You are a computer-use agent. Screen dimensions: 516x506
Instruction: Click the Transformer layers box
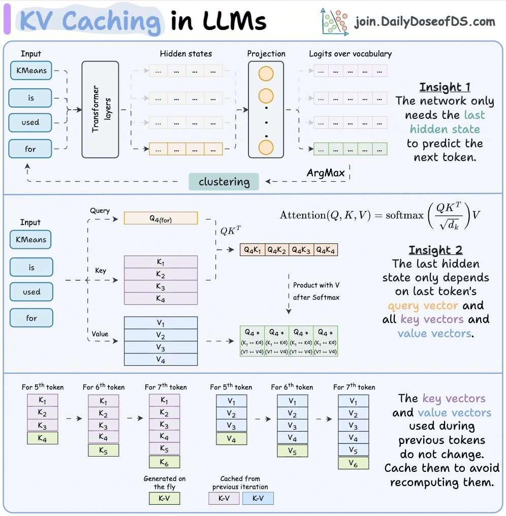100,109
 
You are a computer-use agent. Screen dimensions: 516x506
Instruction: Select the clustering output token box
224,182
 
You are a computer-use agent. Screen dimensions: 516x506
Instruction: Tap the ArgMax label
325,173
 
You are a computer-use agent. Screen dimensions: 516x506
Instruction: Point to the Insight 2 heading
435,250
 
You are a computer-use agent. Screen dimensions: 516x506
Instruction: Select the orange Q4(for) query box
161,218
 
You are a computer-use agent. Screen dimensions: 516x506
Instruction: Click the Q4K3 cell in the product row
301,249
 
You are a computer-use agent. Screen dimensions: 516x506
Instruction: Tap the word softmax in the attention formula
404,215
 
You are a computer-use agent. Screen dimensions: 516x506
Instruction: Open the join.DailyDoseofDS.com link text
424,22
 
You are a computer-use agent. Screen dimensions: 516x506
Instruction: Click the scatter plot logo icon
334,21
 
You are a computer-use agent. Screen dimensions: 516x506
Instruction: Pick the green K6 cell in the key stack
164,462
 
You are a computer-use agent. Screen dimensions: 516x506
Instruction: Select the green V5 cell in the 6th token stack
292,450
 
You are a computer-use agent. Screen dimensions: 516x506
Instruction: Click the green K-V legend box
164,498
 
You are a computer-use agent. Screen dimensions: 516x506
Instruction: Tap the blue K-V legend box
258,498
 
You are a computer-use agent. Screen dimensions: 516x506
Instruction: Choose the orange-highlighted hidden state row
186,149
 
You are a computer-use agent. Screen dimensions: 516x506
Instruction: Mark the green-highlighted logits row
351,149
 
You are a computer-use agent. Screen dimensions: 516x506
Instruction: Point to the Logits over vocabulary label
351,53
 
